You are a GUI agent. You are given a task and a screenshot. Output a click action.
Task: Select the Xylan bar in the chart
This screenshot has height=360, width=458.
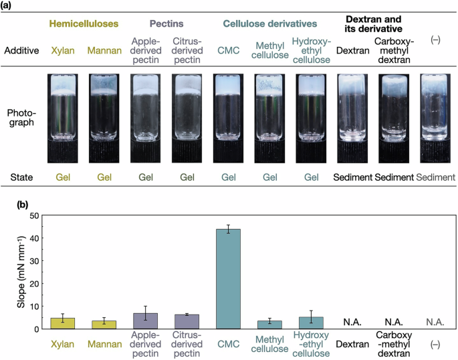(x=62, y=323)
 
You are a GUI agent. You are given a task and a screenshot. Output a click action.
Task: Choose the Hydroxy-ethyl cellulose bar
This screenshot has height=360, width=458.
(x=312, y=323)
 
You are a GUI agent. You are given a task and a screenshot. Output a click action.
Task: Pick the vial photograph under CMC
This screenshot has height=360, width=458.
(x=229, y=118)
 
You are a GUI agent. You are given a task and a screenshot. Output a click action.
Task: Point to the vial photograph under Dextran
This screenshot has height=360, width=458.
(x=352, y=118)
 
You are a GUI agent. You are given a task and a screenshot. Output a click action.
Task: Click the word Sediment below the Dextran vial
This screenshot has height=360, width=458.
(x=352, y=177)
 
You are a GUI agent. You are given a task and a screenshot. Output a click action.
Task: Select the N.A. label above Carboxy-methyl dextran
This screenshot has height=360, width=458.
(x=393, y=322)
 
